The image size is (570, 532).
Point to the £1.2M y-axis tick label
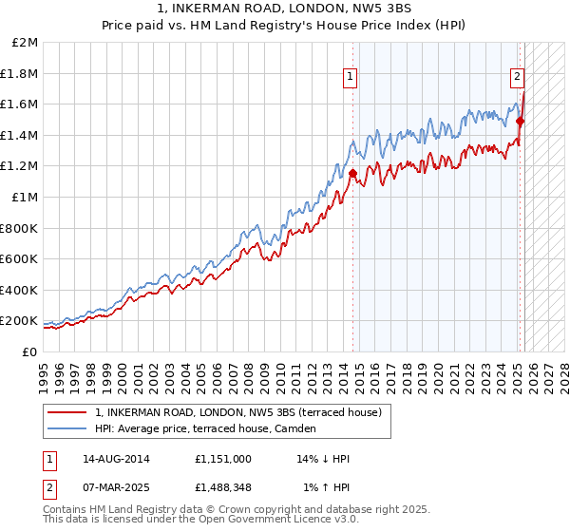point(19,166)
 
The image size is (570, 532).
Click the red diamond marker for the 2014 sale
point(352,174)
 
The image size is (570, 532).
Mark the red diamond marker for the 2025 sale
point(520,122)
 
